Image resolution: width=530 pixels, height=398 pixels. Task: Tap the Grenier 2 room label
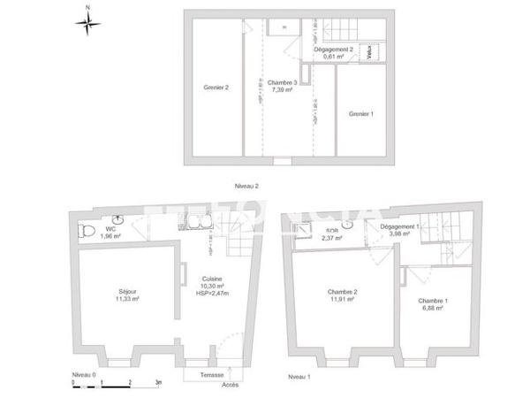(x=216, y=88)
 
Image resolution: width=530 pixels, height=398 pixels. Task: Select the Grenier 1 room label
(x=362, y=113)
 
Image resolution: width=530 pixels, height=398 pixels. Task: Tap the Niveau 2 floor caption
(x=246, y=186)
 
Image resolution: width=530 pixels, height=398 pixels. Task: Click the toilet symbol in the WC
(x=87, y=232)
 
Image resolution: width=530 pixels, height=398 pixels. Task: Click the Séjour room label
(x=129, y=295)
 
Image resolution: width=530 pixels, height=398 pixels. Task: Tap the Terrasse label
(x=210, y=375)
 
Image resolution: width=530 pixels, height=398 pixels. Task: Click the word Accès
(x=231, y=384)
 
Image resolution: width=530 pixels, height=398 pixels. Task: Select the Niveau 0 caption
(x=85, y=375)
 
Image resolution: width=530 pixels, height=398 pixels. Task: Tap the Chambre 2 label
(x=342, y=295)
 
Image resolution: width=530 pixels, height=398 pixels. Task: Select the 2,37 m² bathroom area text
(x=332, y=238)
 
